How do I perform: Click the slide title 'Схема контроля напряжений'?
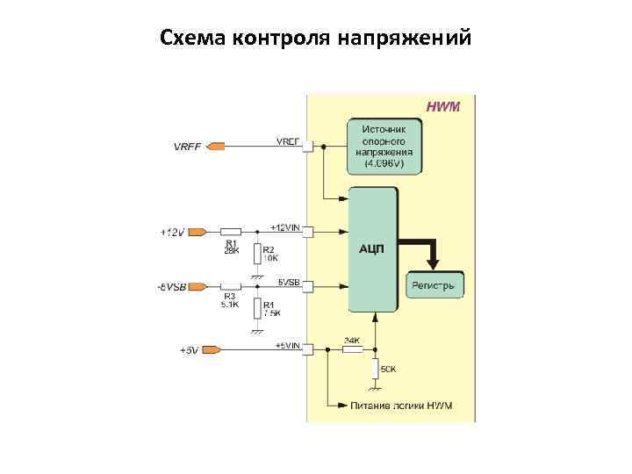point(316,39)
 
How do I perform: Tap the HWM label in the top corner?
point(443,106)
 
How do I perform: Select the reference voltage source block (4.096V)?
point(384,146)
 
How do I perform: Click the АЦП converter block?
point(373,249)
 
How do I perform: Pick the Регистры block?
point(434,286)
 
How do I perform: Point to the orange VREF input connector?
point(215,146)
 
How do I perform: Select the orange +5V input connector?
point(211,349)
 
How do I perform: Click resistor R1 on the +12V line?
point(232,233)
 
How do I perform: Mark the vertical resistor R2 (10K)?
point(256,255)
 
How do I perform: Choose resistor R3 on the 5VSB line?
point(232,286)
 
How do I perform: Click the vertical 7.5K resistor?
point(256,308)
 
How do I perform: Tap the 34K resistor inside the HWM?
point(352,349)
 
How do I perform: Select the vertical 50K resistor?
point(376,368)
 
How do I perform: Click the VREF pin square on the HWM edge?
point(307,147)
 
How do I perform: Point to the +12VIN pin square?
point(307,233)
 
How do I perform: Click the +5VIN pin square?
point(307,349)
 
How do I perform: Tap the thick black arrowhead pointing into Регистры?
point(433,263)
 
